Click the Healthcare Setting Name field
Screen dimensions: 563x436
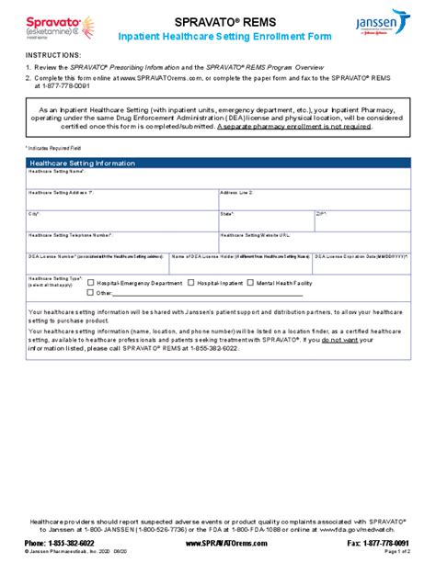coord(218,178)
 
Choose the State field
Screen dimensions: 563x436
coord(265,220)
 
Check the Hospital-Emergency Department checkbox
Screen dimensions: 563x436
coord(90,284)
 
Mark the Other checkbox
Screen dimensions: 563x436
coord(90,293)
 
